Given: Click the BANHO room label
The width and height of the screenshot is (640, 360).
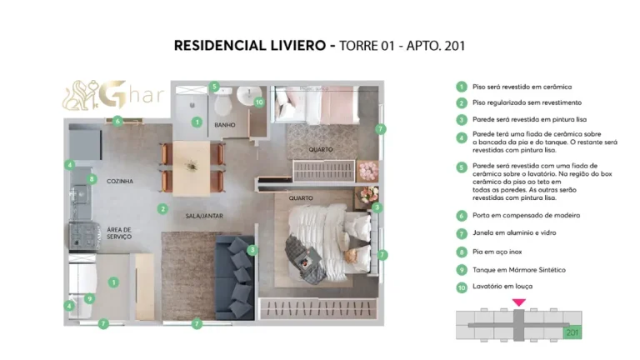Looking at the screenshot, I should pos(225,126).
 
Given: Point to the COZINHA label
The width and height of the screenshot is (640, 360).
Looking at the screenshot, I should pos(120,181).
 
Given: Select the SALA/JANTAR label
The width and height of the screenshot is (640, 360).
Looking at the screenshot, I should pos(203,216).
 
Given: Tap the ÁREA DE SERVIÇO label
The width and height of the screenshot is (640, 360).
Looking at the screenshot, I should pos(119,233).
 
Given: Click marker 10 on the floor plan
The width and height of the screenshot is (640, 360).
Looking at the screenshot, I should pos(259,102).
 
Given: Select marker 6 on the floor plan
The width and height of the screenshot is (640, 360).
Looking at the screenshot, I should pos(118,121).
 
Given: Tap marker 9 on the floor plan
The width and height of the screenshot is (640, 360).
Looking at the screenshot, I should pos(90,298).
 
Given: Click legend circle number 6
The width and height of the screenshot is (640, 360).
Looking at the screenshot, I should pos(461,215).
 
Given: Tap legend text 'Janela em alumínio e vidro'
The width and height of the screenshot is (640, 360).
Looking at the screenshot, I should pos(514,232).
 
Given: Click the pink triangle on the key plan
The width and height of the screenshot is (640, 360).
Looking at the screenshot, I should pos(519,302).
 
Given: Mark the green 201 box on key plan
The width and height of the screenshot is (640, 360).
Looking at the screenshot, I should pos(572,332).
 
